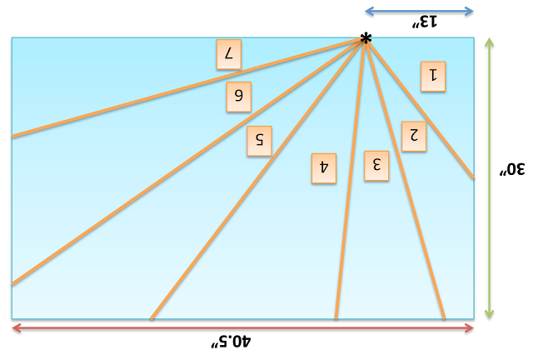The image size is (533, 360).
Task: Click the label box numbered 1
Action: click(433, 76)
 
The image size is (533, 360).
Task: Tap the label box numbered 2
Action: click(413, 136)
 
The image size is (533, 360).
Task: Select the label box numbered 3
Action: click(376, 165)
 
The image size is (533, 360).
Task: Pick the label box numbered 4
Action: click(324, 167)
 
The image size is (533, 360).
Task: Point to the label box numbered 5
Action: click(259, 141)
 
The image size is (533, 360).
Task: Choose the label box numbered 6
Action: click(238, 96)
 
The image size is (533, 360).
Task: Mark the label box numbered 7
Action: click(228, 54)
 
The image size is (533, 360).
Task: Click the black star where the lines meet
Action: click(365, 38)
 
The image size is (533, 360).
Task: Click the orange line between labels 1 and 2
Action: click(419, 107)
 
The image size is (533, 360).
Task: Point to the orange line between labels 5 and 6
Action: click(187, 162)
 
